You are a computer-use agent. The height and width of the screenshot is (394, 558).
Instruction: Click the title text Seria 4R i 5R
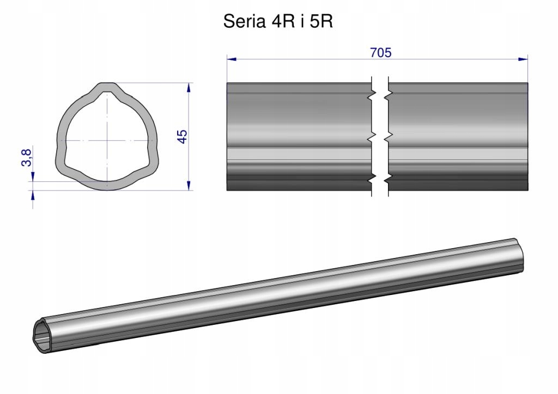click(278, 21)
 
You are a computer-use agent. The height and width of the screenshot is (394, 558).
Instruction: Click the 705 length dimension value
click(381, 53)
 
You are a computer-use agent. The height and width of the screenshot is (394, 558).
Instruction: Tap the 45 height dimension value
click(182, 137)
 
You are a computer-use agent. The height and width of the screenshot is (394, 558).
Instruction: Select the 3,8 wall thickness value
click(27, 158)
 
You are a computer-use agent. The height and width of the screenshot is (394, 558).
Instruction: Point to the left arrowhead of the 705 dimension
click(232, 59)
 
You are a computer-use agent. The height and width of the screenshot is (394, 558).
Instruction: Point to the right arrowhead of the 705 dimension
click(523, 59)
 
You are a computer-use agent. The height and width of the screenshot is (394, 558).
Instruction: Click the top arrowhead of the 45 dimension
click(189, 88)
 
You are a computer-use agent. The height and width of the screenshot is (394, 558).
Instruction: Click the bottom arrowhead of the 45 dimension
click(189, 186)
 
